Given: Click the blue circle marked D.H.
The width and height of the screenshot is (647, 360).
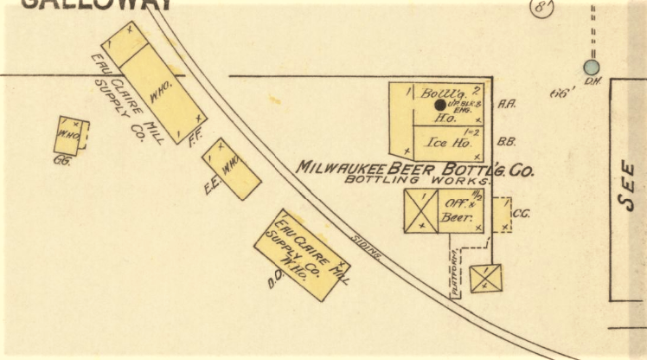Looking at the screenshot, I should coord(592,67).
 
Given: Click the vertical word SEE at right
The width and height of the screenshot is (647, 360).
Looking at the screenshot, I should coord(629,187).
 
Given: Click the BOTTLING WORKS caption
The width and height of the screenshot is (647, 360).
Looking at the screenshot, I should coord(417,181).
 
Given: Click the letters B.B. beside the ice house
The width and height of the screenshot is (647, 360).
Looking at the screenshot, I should coord(507,140).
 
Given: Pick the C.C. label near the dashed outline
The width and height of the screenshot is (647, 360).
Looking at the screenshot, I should coord(521,214).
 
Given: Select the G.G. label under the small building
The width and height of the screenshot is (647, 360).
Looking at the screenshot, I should coord(61,160).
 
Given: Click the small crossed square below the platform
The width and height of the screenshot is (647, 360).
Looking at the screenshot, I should coord(485,278).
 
